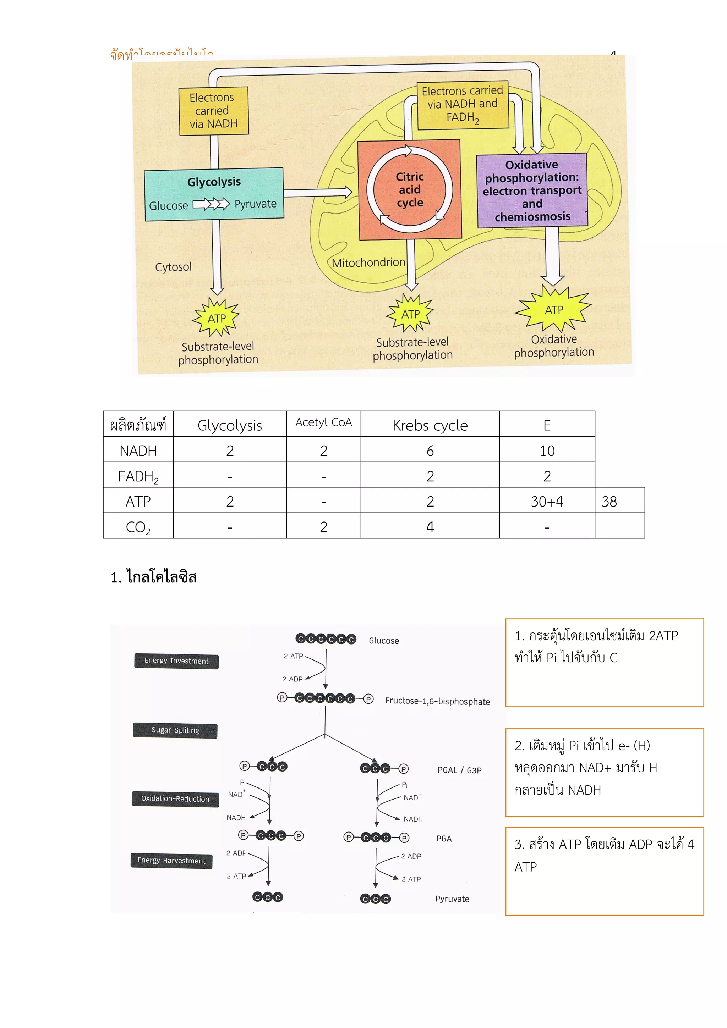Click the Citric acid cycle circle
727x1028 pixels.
click(409, 189)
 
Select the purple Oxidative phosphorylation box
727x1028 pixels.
click(532, 190)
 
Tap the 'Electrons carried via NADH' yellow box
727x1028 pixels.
click(214, 111)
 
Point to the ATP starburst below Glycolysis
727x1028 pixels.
click(216, 318)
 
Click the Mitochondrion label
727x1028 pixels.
click(368, 262)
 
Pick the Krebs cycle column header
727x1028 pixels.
click(430, 425)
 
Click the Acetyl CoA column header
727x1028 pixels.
click(323, 423)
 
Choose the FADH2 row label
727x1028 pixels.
click(138, 476)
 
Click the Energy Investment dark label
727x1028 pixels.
click(176, 661)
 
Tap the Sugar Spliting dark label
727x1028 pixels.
click(175, 730)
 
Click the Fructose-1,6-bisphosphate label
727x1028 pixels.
click(437, 701)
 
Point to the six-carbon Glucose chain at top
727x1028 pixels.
click(326, 639)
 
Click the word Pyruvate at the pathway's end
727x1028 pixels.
click(452, 899)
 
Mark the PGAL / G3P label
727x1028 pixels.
click(459, 770)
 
